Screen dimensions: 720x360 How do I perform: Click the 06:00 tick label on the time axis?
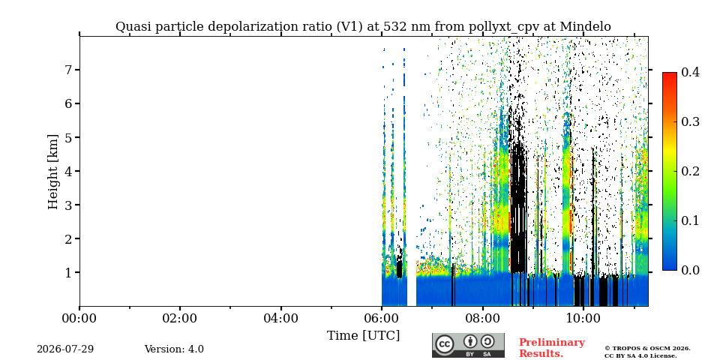tap(381, 319)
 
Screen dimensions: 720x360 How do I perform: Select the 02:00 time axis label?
tap(179, 319)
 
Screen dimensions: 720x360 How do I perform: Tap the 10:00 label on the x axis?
tap(583, 319)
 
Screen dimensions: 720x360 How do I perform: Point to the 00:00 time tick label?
tap(79, 319)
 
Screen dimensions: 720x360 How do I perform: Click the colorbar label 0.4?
tap(690, 72)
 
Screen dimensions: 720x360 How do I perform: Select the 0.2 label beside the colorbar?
tap(690, 171)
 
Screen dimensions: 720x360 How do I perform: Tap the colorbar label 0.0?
tap(690, 271)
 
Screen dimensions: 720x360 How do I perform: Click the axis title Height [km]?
tap(53, 172)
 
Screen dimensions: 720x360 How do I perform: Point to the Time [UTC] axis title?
tap(363, 336)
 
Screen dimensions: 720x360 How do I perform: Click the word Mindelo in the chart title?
tap(586, 27)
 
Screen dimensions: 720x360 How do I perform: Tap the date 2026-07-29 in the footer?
tap(65, 349)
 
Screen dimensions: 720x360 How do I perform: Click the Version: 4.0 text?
tap(174, 349)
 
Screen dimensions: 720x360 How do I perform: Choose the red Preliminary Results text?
tap(552, 348)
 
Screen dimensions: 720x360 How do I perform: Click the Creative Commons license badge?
tap(468, 345)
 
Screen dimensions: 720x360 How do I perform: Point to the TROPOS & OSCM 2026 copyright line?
tap(647, 349)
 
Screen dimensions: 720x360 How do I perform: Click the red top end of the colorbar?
tap(670, 74)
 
